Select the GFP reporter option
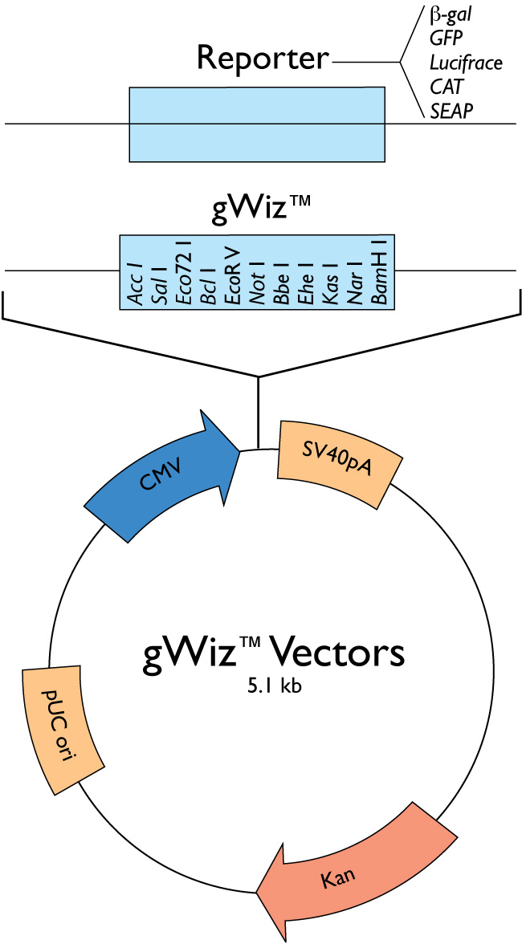[x=447, y=38]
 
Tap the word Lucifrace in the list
[x=466, y=62]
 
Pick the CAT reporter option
[x=446, y=86]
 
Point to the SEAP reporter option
[x=450, y=110]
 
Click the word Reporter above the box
[x=263, y=59]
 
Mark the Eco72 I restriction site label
[x=184, y=274]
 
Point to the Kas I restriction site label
[x=331, y=286]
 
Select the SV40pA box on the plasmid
[x=337, y=463]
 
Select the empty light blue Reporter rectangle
[x=257, y=124]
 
